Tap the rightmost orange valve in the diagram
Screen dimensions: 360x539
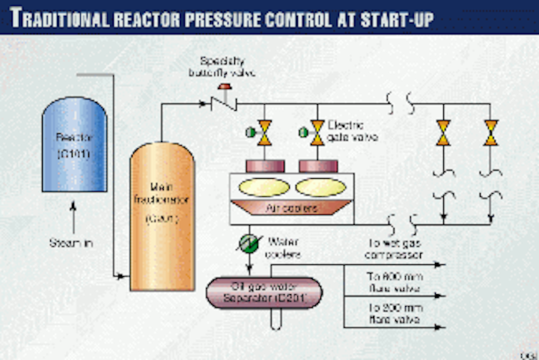(x=491, y=132)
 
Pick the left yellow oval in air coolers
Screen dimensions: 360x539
(x=264, y=186)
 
